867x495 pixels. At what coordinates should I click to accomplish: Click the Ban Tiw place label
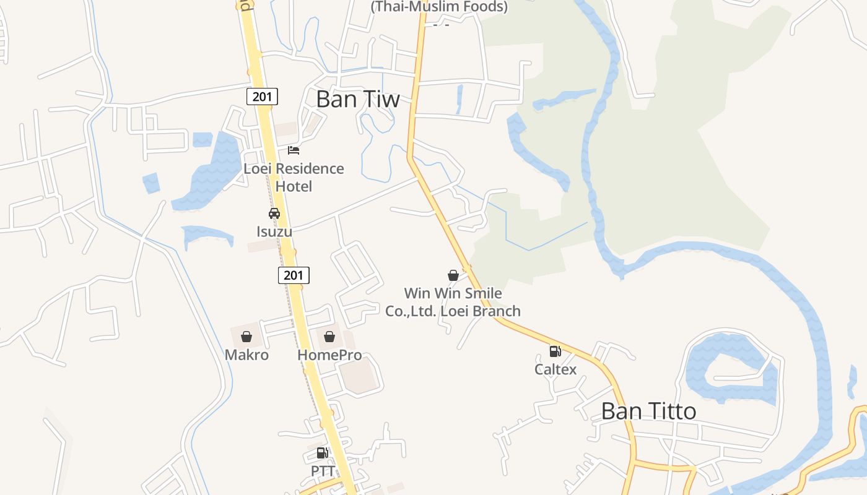tap(357, 99)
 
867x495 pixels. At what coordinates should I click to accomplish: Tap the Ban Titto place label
tap(648, 411)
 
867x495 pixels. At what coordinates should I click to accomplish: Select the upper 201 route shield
tap(262, 97)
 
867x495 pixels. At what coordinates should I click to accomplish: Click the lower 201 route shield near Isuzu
tap(293, 275)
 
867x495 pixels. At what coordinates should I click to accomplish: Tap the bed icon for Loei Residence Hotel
tap(294, 150)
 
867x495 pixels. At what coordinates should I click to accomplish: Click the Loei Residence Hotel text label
tap(294, 177)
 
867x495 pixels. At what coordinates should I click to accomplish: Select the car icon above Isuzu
tap(274, 213)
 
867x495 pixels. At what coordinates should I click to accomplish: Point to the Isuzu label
tap(274, 231)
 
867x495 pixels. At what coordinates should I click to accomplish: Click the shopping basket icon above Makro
tap(246, 337)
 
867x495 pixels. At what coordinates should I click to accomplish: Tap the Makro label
tap(246, 355)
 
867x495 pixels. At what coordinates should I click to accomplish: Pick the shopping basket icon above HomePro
tap(329, 337)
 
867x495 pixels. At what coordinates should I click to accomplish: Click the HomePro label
tap(329, 355)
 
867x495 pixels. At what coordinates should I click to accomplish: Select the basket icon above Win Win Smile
tap(453, 275)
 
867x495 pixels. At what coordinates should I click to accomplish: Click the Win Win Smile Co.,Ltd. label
tap(453, 302)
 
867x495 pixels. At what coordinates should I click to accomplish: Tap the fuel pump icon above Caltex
tap(555, 351)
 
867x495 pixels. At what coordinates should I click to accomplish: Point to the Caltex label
tap(555, 369)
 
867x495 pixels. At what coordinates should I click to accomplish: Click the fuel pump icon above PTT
tap(322, 453)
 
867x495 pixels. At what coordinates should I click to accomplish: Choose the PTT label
tap(323, 471)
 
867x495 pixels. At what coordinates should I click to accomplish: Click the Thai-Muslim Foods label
tap(438, 7)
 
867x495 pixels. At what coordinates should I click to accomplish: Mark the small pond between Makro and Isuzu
tap(207, 236)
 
